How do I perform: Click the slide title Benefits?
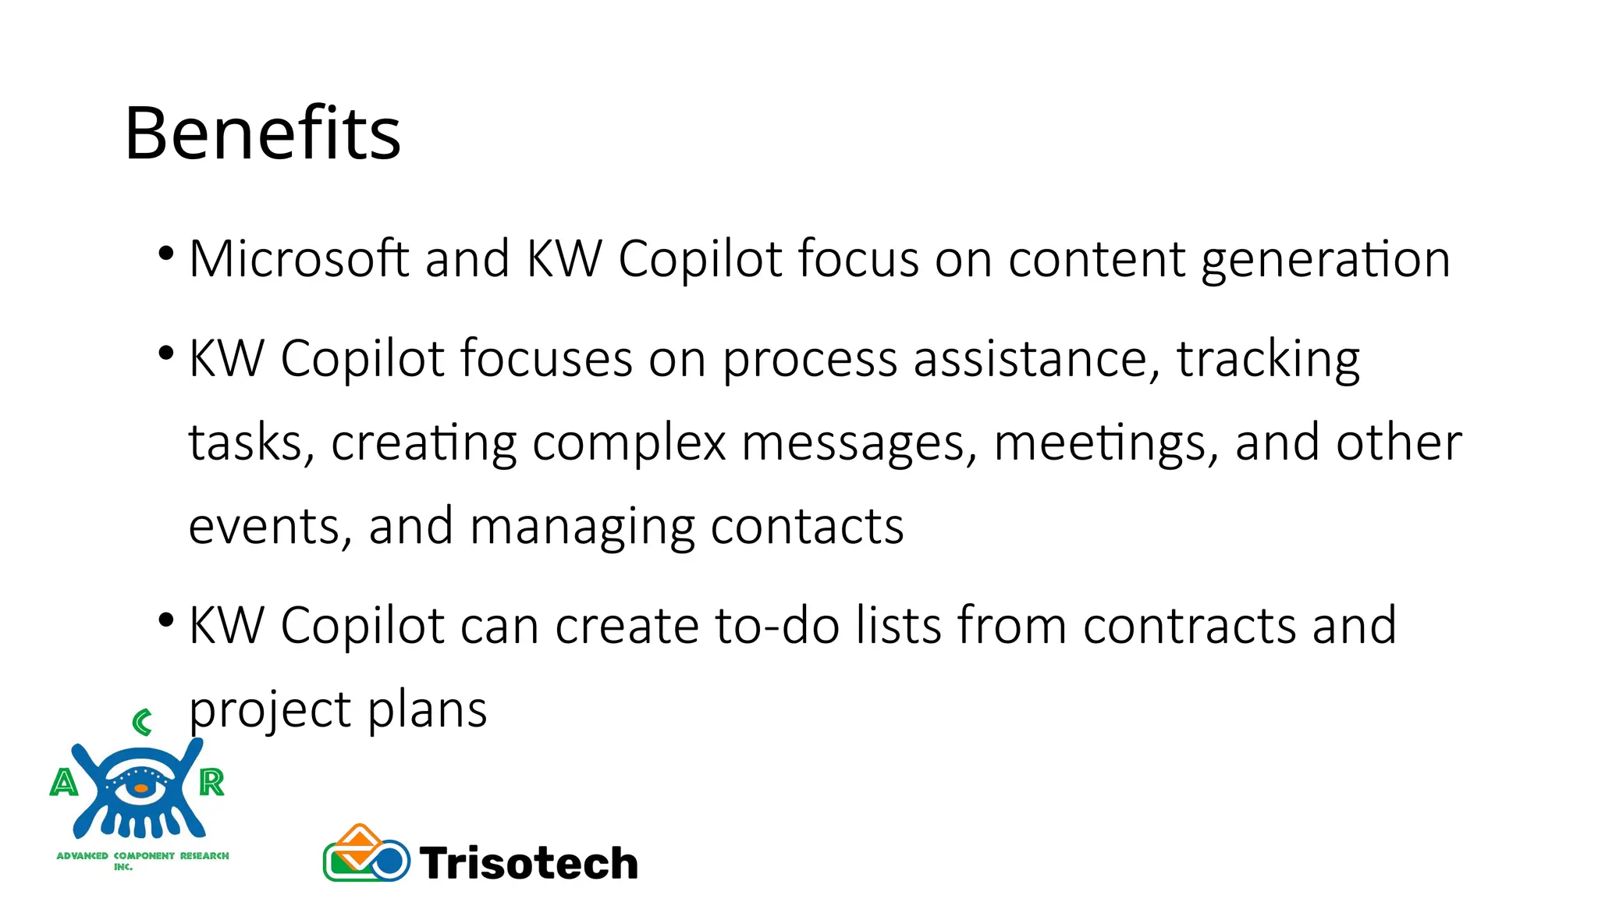point(262,134)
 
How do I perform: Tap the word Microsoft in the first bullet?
point(299,258)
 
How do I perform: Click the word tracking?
point(1268,360)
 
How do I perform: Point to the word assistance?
point(1030,360)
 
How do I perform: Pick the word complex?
point(629,443)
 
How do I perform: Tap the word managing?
point(582,528)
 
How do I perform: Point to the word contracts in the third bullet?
point(1189,626)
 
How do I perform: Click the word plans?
point(427,710)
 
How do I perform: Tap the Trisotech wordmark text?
point(529,863)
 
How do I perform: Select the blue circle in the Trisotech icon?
point(389,861)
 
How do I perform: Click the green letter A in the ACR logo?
point(64,782)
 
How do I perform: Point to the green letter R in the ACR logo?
point(211,782)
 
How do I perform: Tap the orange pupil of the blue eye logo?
point(140,788)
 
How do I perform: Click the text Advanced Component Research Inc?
point(143,858)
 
